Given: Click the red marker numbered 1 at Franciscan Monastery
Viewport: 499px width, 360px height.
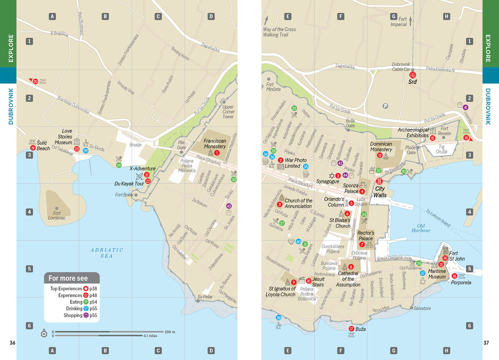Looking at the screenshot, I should tap(217, 153).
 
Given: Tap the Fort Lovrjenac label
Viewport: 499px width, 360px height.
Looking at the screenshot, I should tap(57, 216).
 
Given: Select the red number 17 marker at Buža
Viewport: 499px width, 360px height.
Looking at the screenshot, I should tap(351, 329).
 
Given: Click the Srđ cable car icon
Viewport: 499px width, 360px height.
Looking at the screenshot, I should tap(413, 75).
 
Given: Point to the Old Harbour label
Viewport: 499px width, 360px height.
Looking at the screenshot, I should tap(421, 228).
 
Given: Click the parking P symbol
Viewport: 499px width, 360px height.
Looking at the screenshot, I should tap(385, 106).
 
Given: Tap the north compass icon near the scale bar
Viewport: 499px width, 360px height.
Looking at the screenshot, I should tap(44, 334).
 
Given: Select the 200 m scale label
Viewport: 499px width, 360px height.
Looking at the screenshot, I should tap(170, 332).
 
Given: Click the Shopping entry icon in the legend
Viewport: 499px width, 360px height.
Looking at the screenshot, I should tap(86, 315).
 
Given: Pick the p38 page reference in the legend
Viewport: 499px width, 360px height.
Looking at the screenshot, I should tap(93, 288).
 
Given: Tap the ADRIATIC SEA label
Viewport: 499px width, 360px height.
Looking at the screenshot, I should tap(107, 253).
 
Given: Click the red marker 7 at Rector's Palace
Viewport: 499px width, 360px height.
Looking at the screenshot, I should tap(362, 245).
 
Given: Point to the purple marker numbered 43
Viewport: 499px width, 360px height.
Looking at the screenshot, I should tap(229, 206).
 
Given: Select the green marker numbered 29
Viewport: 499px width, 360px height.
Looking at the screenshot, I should tap(119, 165).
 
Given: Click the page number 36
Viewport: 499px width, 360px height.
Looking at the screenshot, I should tap(12, 343).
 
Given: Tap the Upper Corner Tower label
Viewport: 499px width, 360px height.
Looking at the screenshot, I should tap(228, 112).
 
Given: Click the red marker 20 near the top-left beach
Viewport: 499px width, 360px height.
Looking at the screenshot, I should tap(35, 82).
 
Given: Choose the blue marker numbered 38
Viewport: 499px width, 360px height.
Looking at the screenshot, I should tap(278, 318).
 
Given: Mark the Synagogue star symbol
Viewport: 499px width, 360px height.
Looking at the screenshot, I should tap(331, 175).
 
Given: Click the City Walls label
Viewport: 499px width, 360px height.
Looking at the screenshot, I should tap(380, 192).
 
